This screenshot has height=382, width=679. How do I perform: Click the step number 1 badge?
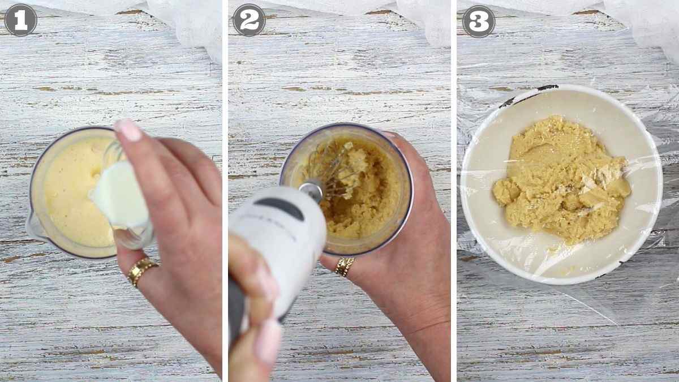tap(20, 20)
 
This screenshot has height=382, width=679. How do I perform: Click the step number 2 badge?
tap(249, 20)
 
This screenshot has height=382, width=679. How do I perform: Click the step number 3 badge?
tap(479, 21)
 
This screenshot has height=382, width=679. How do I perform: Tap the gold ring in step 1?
tap(141, 270)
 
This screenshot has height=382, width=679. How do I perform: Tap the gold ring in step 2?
tap(344, 266)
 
